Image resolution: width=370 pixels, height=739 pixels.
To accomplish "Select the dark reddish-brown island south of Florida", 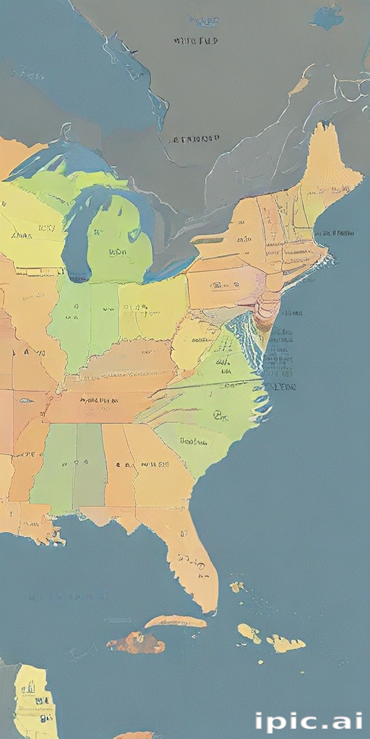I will [x=136, y=642].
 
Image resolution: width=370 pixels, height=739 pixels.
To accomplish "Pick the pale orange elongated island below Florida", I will [x=174, y=621].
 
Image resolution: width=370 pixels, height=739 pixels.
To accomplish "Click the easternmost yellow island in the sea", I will [x=287, y=643].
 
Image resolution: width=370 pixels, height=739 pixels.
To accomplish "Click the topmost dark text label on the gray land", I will [x=194, y=41].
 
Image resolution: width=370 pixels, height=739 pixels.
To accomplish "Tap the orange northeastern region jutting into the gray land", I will [x=329, y=166].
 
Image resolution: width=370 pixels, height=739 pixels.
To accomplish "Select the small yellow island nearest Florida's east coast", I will [x=236, y=587].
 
